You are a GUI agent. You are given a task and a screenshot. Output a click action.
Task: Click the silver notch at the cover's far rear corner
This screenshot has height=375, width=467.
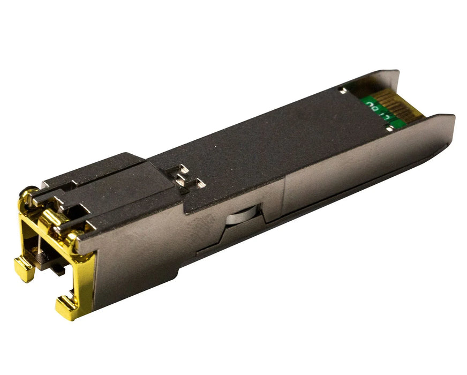coord(341,91)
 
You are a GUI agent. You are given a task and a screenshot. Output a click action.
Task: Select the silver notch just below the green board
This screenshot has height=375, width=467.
coord(389,127)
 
